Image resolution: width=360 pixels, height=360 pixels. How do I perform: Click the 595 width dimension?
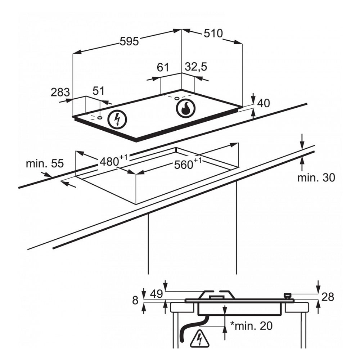pyautogui.click(x=129, y=41)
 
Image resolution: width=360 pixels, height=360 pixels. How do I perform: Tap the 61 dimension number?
pyautogui.click(x=163, y=67)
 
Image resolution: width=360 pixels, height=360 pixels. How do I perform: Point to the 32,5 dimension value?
pyautogui.click(x=196, y=67)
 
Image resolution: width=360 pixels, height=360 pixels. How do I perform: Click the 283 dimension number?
pyautogui.click(x=60, y=93)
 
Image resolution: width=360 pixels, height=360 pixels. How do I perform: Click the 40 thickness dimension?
pyautogui.click(x=264, y=103)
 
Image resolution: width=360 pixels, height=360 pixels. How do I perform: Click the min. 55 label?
pyautogui.click(x=45, y=163)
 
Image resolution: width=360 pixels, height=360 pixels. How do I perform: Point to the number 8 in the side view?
pyautogui.click(x=135, y=301)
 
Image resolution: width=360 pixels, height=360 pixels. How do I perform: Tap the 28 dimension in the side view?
pyautogui.click(x=328, y=297)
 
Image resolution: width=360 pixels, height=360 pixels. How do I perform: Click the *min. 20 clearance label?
pyautogui.click(x=251, y=326)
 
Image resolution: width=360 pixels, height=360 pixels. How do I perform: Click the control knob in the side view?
pyautogui.click(x=288, y=296)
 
